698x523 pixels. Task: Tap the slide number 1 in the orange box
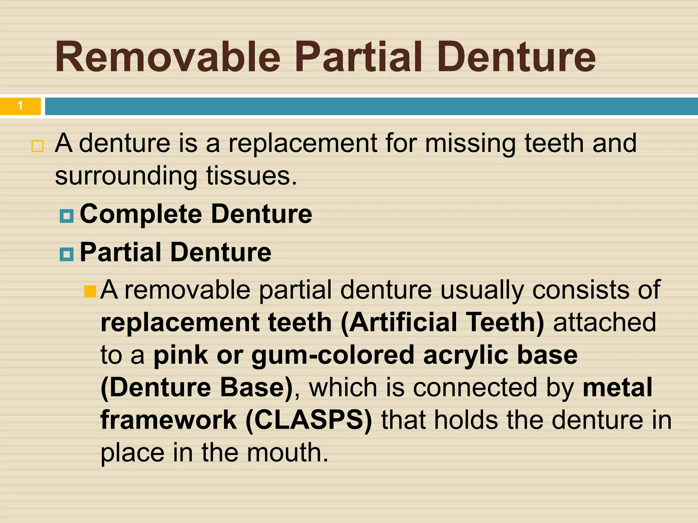click(x=20, y=106)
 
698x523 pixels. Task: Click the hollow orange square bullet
click(x=37, y=146)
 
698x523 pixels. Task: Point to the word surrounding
click(x=126, y=176)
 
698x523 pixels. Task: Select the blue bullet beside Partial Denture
click(x=66, y=254)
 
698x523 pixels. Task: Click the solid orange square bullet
click(x=90, y=291)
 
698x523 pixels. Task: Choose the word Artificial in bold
click(x=403, y=322)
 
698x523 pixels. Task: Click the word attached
click(x=605, y=322)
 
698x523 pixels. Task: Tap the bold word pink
click(x=181, y=355)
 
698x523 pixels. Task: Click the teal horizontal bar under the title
click(x=371, y=106)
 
